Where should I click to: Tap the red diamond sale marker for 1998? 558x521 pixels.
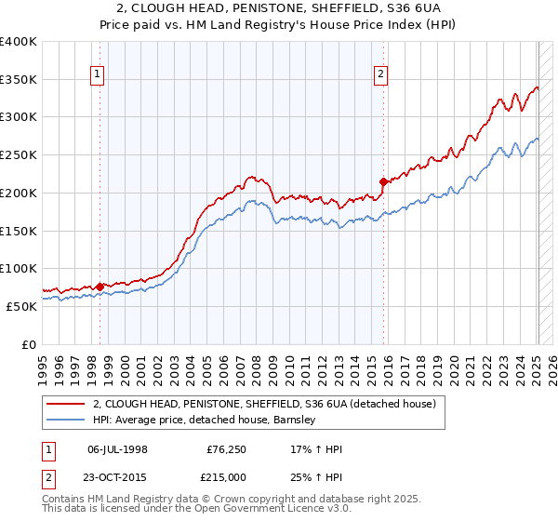100,286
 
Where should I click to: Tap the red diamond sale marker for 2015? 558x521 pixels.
383,181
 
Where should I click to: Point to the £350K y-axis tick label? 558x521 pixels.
19,79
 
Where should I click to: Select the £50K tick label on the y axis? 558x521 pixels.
21,306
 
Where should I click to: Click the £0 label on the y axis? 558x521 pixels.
29,344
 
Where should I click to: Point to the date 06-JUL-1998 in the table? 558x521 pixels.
117,449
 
